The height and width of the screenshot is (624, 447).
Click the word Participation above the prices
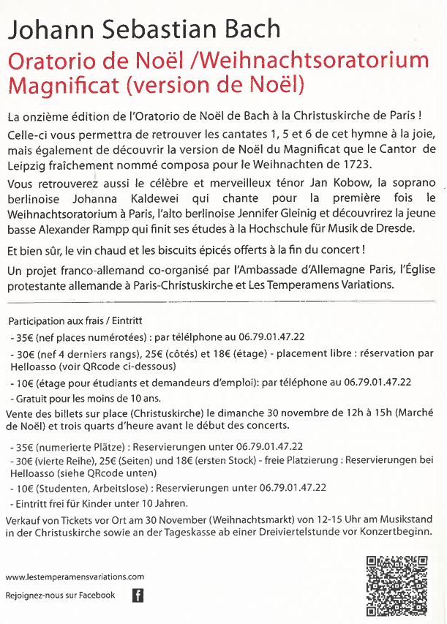pos(36,321)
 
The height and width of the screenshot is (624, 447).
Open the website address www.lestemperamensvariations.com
pos(75,576)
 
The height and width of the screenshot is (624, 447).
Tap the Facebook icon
pos(137,595)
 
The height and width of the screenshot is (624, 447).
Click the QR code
pos(397,585)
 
